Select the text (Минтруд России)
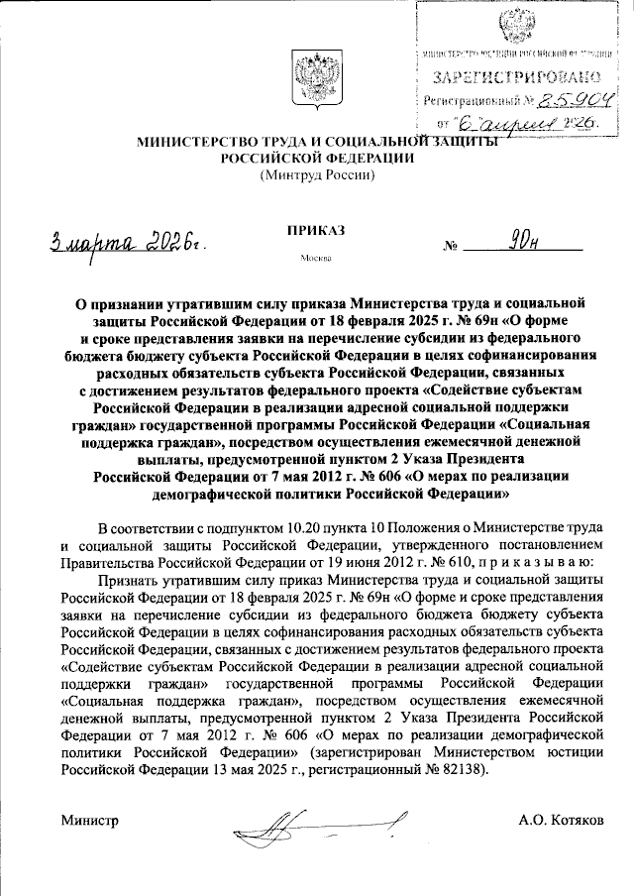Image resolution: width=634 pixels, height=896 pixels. click(x=317, y=175)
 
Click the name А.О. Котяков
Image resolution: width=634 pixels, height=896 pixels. click(x=565, y=822)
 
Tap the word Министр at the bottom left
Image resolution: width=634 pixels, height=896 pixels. click(x=89, y=822)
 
